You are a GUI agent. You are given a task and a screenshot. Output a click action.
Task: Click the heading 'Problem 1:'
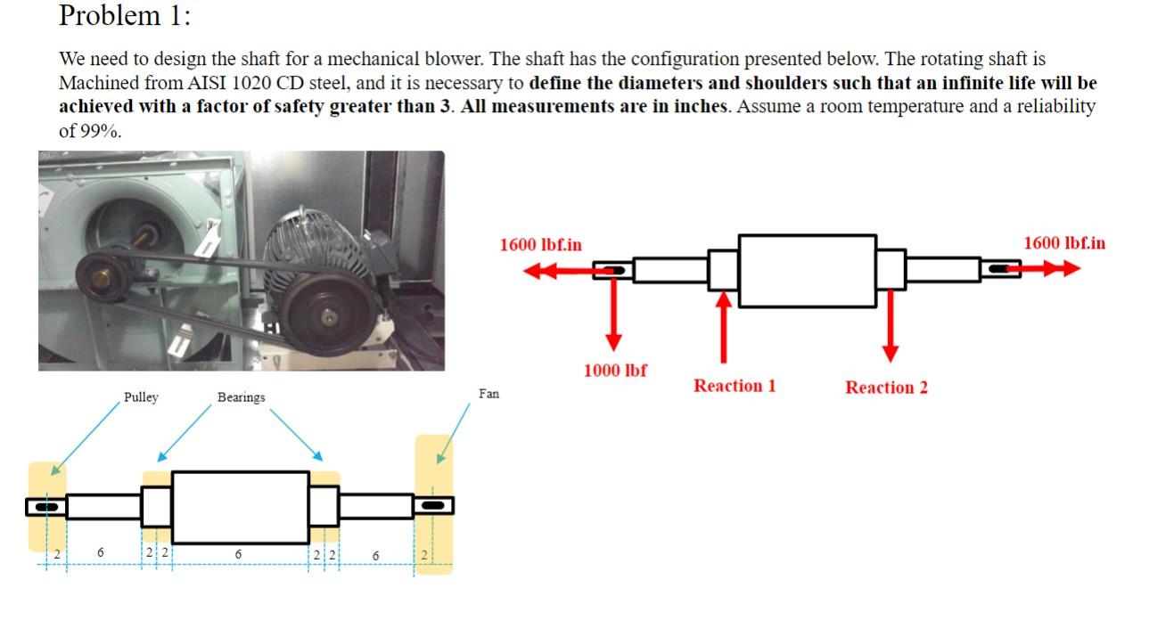click(125, 15)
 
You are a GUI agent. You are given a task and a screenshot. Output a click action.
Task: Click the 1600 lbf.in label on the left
click(540, 244)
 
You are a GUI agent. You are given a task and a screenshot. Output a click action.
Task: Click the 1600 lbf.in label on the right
click(1063, 242)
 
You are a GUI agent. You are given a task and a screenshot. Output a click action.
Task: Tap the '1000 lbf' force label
click(615, 371)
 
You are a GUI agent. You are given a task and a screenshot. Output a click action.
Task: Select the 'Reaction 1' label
click(735, 386)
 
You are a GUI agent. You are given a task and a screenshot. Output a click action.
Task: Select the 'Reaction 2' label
click(886, 388)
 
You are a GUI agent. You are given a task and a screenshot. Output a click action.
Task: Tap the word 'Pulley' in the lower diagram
click(141, 397)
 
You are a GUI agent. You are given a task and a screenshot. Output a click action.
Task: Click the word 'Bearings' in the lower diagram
click(241, 397)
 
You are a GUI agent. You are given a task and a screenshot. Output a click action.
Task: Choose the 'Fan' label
click(489, 393)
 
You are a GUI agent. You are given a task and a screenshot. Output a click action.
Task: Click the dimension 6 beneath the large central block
click(237, 554)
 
